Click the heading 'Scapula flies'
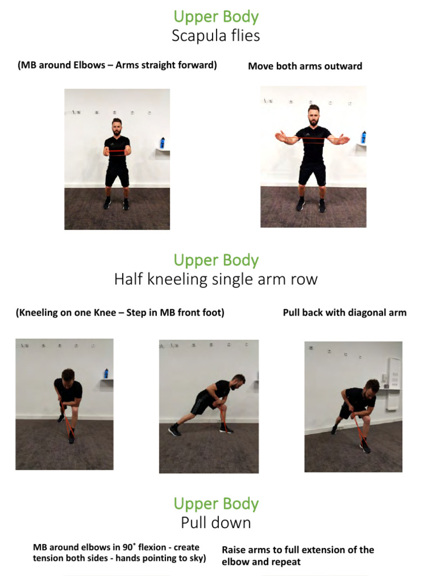[215, 36]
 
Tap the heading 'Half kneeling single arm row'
[215, 279]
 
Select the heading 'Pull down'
[215, 523]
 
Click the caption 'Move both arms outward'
[305, 66]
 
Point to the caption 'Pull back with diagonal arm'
[344, 313]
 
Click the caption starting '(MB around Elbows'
[117, 65]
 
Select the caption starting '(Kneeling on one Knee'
[120, 313]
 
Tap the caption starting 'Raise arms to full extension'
[298, 555]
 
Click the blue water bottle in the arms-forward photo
[162, 142]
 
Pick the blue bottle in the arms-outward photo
[363, 137]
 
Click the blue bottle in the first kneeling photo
[106, 373]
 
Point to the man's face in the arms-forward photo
[116, 129]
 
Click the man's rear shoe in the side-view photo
[175, 430]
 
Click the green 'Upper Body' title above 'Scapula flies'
[215, 17]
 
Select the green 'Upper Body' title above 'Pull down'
[215, 503]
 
